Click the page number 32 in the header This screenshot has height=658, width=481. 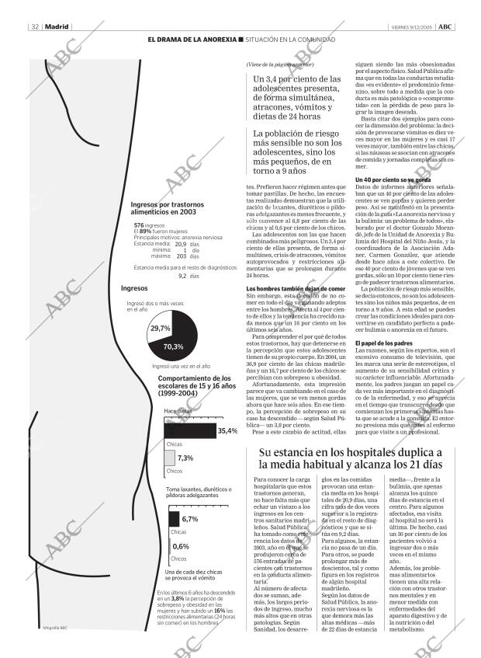pos(35,26)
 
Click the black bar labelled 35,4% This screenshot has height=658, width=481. pos(189,430)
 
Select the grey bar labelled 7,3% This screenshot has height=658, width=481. pos(169,458)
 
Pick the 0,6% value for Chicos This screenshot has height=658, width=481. pos(180,547)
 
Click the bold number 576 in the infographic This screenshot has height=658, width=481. pos(139,225)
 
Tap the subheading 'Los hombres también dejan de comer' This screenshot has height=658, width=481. pos(290,289)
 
